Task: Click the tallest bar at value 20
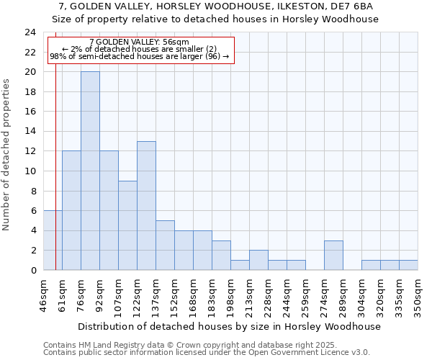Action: point(90,171)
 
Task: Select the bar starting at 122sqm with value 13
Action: point(146,206)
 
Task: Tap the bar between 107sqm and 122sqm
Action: point(127,225)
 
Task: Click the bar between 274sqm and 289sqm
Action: point(333,256)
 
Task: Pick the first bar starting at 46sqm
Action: point(53,240)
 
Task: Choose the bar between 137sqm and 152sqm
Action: point(165,246)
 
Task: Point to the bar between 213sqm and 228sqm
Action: point(258,261)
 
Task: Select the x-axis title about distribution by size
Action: point(231,326)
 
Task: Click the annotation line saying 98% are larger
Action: point(140,56)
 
